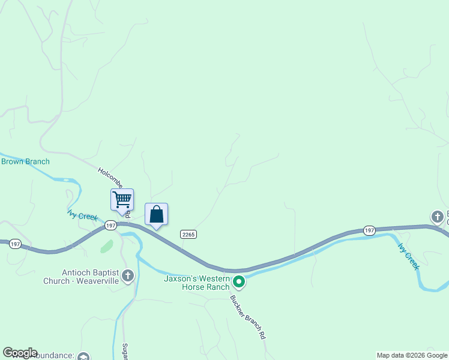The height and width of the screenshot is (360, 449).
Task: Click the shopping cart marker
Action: click(x=122, y=199)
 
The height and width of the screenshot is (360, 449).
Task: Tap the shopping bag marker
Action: click(x=156, y=214)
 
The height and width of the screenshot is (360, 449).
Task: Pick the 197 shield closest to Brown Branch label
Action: click(x=16, y=244)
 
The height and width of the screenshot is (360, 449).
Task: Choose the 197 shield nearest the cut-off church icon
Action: click(x=369, y=230)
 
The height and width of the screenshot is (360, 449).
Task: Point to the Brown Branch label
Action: click(x=25, y=161)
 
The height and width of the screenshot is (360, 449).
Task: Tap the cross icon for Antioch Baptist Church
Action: click(x=127, y=276)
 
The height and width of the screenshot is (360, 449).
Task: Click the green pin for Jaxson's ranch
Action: click(x=239, y=281)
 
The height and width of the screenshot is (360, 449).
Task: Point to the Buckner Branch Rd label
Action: click(x=247, y=318)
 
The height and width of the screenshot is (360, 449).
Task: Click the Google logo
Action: click(x=20, y=353)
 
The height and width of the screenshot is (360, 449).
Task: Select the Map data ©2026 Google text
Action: click(x=412, y=355)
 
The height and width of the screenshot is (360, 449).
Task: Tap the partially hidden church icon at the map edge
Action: click(x=437, y=216)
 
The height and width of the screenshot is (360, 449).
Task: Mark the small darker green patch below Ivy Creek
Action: click(x=106, y=246)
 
